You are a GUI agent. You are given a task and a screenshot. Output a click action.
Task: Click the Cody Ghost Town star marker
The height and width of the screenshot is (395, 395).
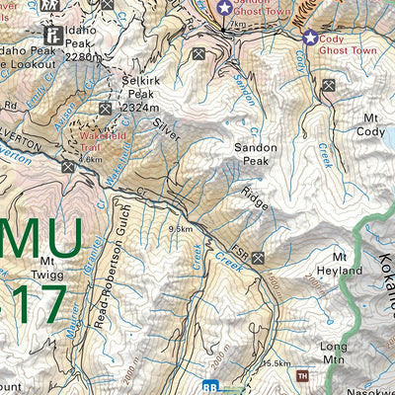(311, 39)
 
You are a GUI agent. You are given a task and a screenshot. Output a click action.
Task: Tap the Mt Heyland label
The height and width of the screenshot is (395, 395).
(334, 276)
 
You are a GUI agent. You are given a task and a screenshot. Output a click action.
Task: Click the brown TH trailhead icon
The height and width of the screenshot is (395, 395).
(303, 375)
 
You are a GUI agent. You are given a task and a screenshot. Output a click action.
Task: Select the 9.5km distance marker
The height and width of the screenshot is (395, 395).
(180, 229)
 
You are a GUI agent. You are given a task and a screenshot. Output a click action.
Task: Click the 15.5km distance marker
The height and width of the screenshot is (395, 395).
(276, 363)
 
